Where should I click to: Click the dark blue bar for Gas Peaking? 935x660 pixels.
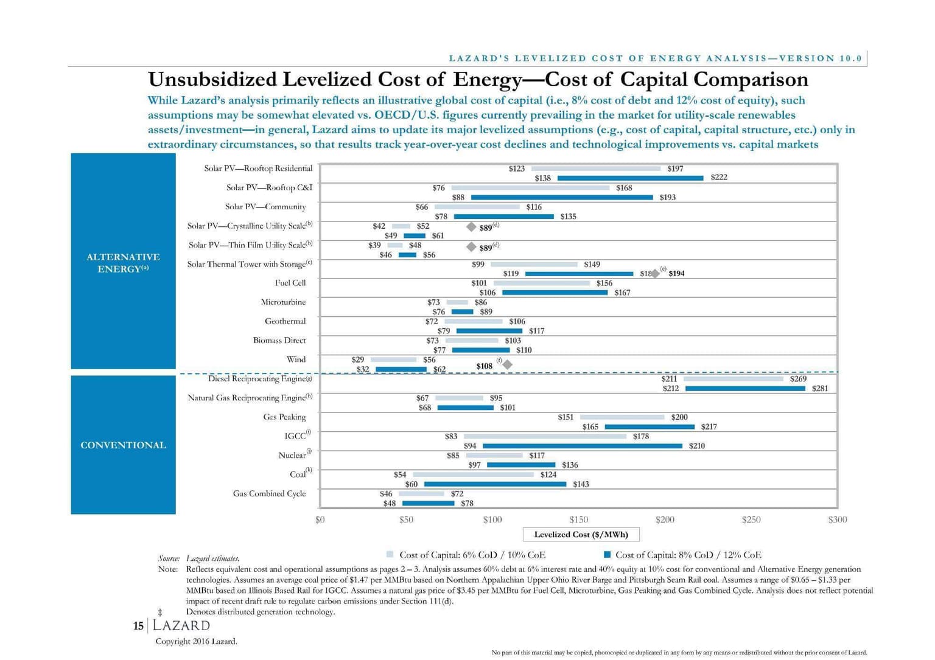coord(649,427)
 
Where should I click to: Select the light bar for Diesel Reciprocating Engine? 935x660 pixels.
coord(734,379)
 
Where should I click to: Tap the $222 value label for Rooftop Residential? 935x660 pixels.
coord(718,178)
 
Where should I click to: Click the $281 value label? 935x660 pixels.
coord(819,388)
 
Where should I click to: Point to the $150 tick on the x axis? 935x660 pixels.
coord(578,519)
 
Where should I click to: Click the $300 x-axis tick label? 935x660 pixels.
coord(837,519)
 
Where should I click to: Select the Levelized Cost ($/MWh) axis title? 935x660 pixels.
coord(581,534)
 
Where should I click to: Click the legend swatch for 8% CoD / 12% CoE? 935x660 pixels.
coord(607,555)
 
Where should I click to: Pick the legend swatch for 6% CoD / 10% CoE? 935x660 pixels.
coord(390,555)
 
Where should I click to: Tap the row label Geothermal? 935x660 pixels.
coord(285,321)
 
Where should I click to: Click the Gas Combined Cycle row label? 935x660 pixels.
coord(269,493)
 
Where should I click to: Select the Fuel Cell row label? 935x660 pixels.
coord(290,283)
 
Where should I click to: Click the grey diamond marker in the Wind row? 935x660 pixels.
coord(507,364)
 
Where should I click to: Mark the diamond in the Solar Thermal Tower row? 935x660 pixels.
coord(655,274)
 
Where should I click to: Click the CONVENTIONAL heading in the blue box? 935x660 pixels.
coord(123,445)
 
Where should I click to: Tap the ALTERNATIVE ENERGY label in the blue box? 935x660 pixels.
coord(123,263)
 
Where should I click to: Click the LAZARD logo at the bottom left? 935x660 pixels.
coord(181,625)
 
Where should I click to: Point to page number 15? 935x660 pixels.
coord(138,626)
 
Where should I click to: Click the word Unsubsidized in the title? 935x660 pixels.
coord(212,80)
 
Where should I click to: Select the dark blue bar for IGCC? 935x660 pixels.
coord(582,446)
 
